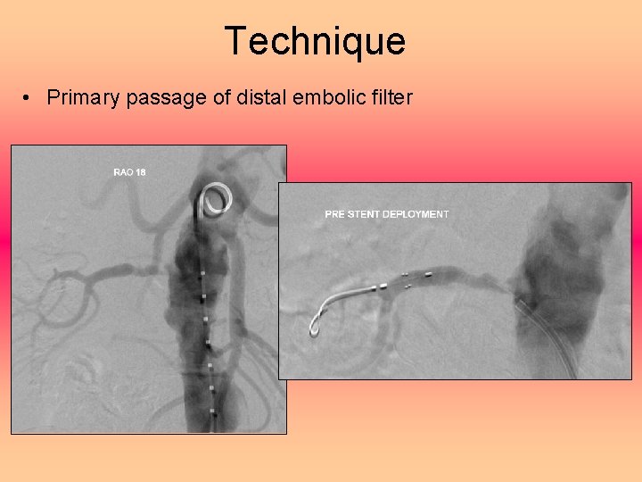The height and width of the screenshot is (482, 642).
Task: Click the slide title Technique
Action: coord(315,41)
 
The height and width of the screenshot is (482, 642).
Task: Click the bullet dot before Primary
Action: coord(30,98)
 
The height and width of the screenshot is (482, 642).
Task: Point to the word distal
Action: coord(259,97)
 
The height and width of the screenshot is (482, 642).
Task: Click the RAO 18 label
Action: coord(129,171)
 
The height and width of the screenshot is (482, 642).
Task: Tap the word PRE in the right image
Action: coord(334,214)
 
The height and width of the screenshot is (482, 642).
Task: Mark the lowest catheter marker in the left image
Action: coord(213,411)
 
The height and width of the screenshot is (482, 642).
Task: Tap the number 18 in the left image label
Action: coord(140,171)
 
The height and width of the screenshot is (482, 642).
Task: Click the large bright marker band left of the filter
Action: coord(383,286)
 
